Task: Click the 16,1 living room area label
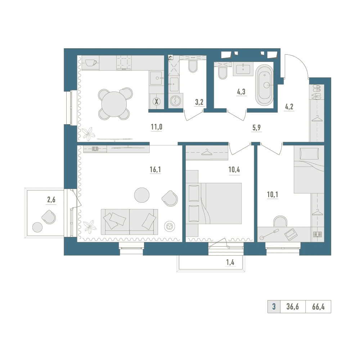tap(155, 170)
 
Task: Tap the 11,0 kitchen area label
tap(157, 127)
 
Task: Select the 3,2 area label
tap(199, 102)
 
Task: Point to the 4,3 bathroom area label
tap(241, 91)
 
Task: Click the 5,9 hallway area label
tap(256, 128)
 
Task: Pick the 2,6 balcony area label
tap(51, 200)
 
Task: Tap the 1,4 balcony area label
tap(230, 262)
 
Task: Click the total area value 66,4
tap(318, 307)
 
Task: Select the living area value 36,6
tap(292, 307)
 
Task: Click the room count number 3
tap(274, 307)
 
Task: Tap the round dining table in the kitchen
tap(114, 104)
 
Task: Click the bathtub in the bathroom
tap(265, 85)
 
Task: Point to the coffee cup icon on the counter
tap(91, 62)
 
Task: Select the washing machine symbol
tap(175, 100)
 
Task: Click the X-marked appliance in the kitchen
tap(157, 101)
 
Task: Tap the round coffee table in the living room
tap(141, 195)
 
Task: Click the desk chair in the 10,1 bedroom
tap(280, 221)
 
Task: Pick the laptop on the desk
tap(291, 234)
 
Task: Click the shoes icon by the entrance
tap(316, 91)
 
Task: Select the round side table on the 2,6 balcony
tap(37, 227)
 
